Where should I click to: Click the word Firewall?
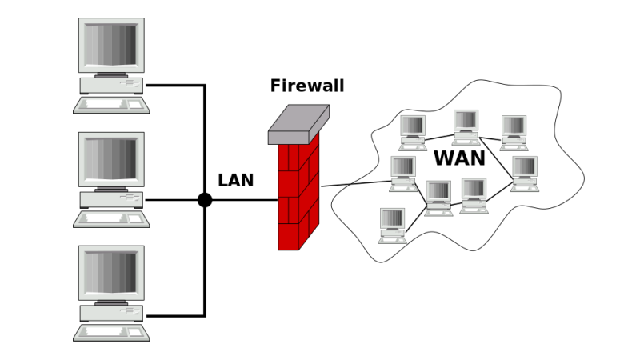point(307,86)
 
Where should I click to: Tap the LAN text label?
point(235,181)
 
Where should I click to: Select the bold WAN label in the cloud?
point(460,158)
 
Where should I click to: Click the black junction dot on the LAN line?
point(205,200)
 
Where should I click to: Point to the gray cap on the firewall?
point(298,124)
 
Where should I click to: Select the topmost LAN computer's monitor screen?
point(111,45)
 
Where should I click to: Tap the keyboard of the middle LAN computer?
point(111,218)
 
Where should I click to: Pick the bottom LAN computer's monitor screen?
point(111,272)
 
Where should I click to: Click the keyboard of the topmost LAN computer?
point(111,104)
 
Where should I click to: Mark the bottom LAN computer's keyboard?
point(111,331)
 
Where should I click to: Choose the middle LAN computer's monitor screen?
point(111,158)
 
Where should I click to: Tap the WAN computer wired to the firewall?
point(403,173)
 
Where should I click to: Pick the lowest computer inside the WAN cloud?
point(392,225)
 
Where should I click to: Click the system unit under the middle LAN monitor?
point(111,198)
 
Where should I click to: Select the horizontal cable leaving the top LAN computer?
point(174,85)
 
